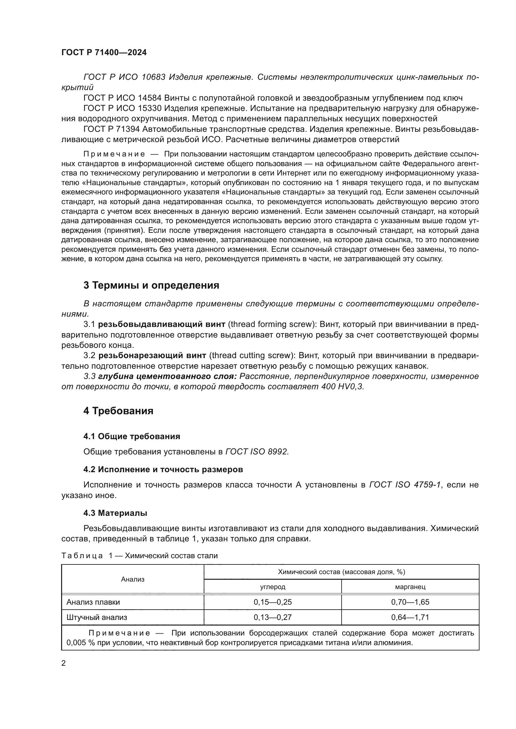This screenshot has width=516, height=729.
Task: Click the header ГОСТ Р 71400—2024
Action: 104,53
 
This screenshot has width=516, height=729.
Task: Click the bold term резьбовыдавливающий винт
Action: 161,324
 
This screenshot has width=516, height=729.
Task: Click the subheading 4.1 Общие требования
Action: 132,437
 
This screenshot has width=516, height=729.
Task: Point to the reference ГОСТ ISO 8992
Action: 257,452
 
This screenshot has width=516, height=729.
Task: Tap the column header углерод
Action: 273,587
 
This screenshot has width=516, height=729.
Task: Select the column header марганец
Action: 410,587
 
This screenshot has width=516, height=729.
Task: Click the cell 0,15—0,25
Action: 273,602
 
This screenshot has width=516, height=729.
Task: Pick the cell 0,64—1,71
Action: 410,617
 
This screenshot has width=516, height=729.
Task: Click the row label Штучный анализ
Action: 97,617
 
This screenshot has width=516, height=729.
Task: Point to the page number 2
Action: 63,663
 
